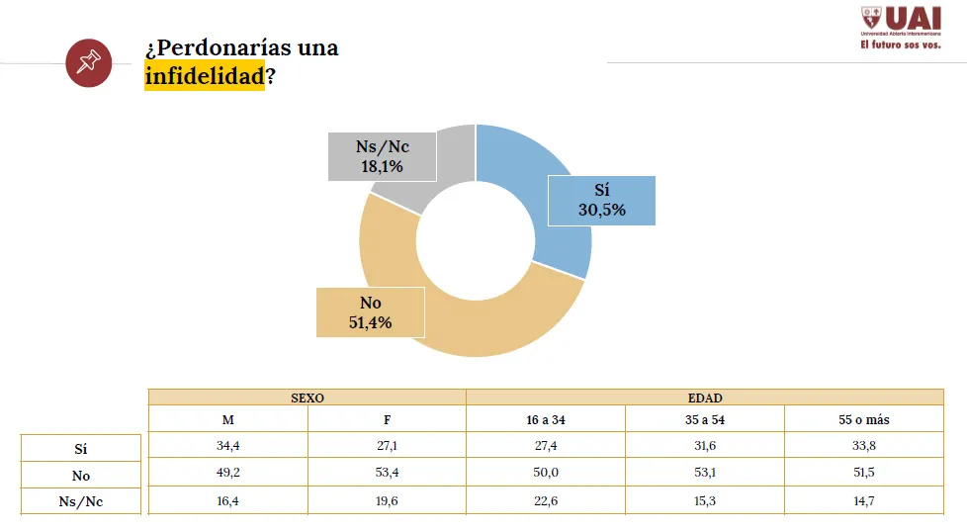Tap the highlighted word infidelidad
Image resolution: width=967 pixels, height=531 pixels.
pyautogui.click(x=204, y=77)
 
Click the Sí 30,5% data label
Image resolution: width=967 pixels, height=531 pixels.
pyautogui.click(x=602, y=200)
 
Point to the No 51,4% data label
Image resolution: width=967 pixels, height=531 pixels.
pyautogui.click(x=370, y=312)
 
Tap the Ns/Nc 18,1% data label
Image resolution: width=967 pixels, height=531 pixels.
pyautogui.click(x=382, y=157)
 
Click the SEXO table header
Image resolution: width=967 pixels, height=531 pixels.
pyautogui.click(x=307, y=398)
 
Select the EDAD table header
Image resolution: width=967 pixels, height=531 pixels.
pyautogui.click(x=705, y=398)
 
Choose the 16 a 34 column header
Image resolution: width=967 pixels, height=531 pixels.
pyautogui.click(x=546, y=419)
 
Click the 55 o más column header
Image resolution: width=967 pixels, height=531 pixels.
pyautogui.click(x=863, y=419)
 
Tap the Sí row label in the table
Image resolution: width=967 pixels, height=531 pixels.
pyautogui.click(x=81, y=448)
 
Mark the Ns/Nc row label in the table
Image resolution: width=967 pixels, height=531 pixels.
pyautogui.click(x=81, y=501)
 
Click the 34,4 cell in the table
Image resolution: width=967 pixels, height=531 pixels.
pyautogui.click(x=228, y=446)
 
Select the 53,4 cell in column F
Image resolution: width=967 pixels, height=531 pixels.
pyautogui.click(x=387, y=474)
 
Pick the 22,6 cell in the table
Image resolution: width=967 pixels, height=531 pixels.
pyautogui.click(x=546, y=501)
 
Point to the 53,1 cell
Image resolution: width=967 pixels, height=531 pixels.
pyautogui.click(x=705, y=474)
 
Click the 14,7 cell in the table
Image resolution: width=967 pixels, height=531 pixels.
pyautogui.click(x=863, y=501)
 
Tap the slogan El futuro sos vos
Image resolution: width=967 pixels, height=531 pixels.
pyautogui.click(x=900, y=45)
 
